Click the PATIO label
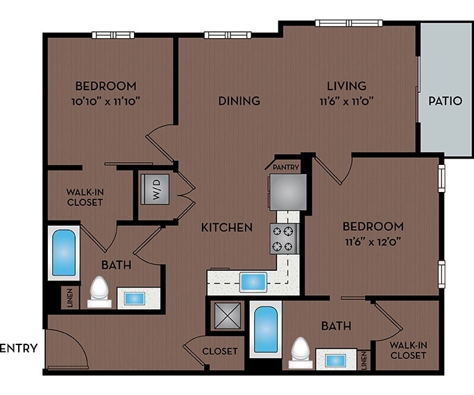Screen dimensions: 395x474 [445, 100]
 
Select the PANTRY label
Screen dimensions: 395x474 [285, 167]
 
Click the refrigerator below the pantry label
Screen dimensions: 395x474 [287, 191]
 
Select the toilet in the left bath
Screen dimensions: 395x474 [99, 292]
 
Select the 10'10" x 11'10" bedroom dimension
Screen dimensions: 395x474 [105, 100]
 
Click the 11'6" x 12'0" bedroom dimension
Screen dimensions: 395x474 [373, 242]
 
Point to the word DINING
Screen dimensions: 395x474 [239, 100]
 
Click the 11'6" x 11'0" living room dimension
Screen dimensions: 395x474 [347, 100]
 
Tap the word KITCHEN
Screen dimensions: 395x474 [227, 227]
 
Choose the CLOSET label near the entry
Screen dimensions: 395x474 [220, 351]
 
